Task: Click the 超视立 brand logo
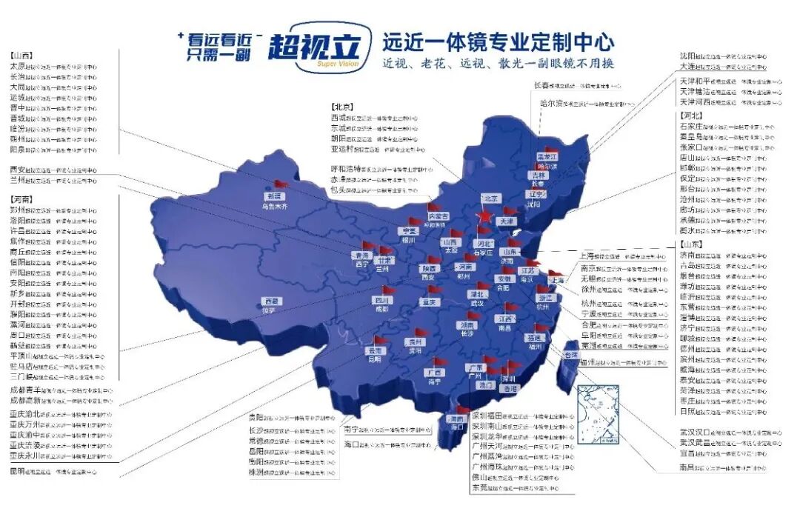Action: click(315, 49)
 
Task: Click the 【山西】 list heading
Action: click(21, 56)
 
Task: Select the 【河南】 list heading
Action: click(21, 200)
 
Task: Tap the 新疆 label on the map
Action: click(275, 196)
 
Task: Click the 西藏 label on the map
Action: click(272, 301)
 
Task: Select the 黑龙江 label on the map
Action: click(547, 157)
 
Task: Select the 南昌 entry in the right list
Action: click(687, 468)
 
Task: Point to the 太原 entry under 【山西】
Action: click(19, 66)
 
